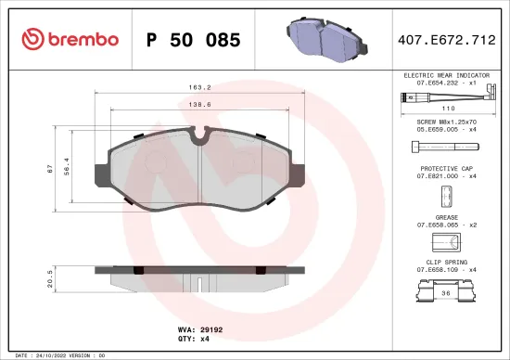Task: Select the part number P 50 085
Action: pyautogui.click(x=194, y=40)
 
